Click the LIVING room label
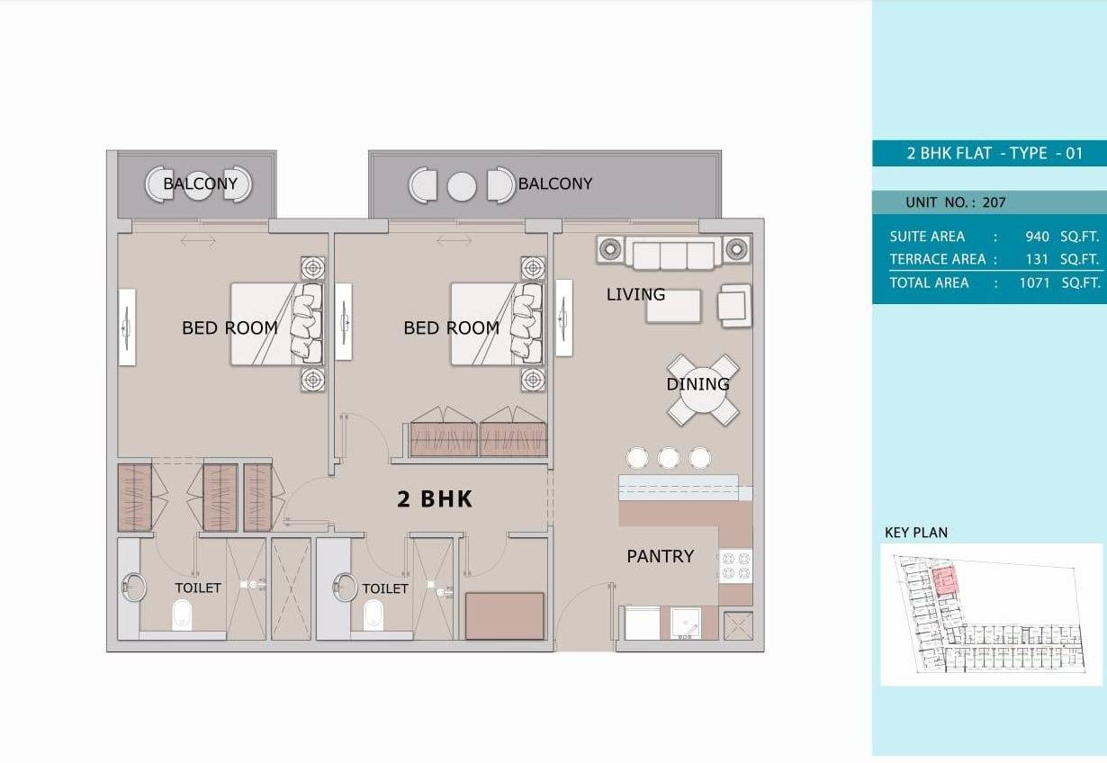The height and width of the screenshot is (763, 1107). tap(635, 294)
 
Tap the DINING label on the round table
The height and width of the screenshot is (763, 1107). tap(697, 384)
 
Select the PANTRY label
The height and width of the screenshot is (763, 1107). tap(661, 556)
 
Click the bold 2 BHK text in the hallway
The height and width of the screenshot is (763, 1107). tap(435, 499)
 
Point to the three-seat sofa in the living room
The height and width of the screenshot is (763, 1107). tap(673, 253)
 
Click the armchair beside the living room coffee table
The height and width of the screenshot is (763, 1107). tap(735, 305)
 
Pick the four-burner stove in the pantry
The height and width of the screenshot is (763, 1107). tap(736, 566)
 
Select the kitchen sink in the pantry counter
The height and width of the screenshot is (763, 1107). tap(685, 624)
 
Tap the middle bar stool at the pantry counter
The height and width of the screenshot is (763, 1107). tap(668, 458)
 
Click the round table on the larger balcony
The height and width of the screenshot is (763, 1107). tap(462, 186)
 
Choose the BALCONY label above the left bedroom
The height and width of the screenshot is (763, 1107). tap(200, 184)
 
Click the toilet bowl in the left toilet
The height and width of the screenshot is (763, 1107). tap(182, 615)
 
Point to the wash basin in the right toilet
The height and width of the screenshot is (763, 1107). tap(345, 588)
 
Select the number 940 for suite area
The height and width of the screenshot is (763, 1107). tap(1037, 237)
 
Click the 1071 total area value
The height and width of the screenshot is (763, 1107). tap(1034, 283)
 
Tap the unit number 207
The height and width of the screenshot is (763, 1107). tap(994, 202)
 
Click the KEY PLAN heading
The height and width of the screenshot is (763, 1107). tap(916, 533)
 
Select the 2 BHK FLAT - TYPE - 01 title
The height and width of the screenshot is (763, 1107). tap(994, 153)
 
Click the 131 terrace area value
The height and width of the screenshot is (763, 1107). tap(1037, 259)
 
